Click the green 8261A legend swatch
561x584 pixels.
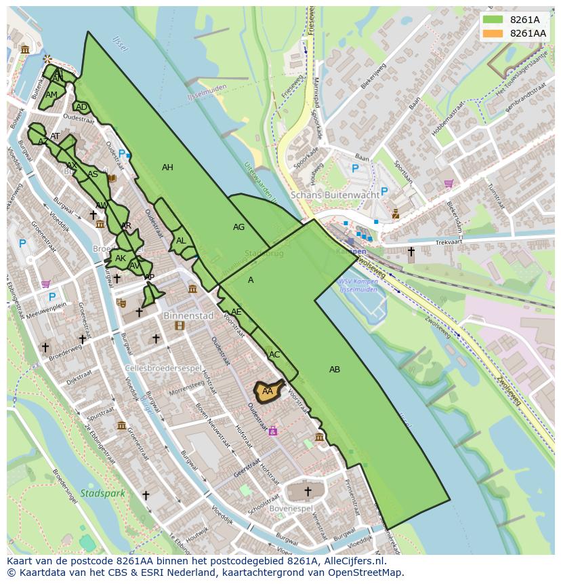point(493,20)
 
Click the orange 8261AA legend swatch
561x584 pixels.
point(493,33)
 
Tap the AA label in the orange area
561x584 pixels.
point(267,391)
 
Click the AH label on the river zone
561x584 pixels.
point(167,168)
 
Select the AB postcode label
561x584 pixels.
point(335,370)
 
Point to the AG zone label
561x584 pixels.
point(238,227)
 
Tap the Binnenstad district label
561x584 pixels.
point(188,315)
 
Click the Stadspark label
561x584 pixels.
point(102,493)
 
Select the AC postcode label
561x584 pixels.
point(274,355)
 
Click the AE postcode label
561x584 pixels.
point(236,312)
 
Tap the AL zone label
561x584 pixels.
point(181,241)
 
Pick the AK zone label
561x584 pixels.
point(121,258)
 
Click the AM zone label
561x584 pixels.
point(51,95)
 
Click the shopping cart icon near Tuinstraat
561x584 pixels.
point(449,183)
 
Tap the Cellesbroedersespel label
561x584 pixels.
point(163,368)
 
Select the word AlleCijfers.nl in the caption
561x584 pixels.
point(353,561)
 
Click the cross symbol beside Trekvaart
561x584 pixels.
point(411,252)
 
